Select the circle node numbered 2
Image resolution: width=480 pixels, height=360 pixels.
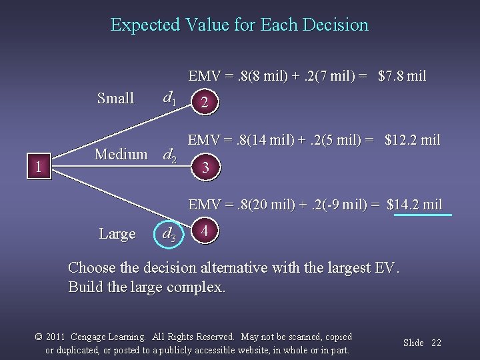pos(205,103)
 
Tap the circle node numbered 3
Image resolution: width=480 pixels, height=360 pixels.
pos(205,168)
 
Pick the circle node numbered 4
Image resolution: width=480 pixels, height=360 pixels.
pos(205,231)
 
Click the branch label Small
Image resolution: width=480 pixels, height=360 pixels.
pos(115,99)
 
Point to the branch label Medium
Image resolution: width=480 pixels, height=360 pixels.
pos(121,155)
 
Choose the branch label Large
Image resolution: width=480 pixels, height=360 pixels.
pos(117,234)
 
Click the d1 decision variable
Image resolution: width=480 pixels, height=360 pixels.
pos(170,99)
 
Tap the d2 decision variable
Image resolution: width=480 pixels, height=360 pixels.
pos(170,156)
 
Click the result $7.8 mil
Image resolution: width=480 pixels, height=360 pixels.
pos(402,76)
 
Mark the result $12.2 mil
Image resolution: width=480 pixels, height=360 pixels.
pos(413,140)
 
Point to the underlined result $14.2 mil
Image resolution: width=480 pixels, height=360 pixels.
pos(415,205)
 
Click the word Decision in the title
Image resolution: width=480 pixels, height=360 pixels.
pos(335,25)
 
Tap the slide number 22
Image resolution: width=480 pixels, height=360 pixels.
pos(436,343)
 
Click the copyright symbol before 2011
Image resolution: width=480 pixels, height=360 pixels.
pos(39,337)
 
